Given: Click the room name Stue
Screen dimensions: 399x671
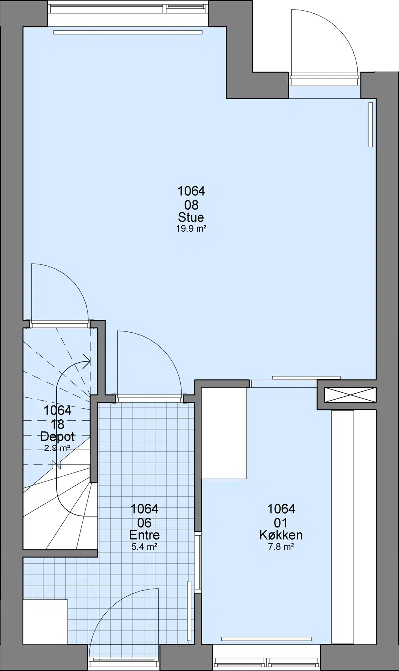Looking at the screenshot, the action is [191, 217].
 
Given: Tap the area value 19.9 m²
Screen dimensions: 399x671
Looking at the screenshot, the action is [191, 229].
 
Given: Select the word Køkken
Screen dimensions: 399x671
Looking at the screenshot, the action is [281, 535].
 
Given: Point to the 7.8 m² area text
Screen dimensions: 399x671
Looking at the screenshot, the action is [281, 547].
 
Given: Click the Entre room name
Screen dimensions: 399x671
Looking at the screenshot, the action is [144, 535].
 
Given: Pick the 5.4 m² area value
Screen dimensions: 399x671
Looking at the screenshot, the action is [144, 547].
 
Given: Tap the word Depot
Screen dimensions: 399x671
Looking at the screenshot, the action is [57, 436].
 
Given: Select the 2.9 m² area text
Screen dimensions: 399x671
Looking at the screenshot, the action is [57, 448].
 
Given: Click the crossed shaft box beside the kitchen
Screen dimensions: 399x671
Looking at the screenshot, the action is [350, 395].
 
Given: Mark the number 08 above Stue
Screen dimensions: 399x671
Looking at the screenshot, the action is [191, 205].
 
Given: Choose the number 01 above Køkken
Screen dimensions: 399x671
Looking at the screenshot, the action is [281, 523].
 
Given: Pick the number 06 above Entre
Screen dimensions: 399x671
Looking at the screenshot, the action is [144, 523].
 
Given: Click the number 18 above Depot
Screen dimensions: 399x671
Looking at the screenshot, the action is [57, 424].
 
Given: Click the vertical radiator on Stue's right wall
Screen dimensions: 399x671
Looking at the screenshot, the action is [371, 124].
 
